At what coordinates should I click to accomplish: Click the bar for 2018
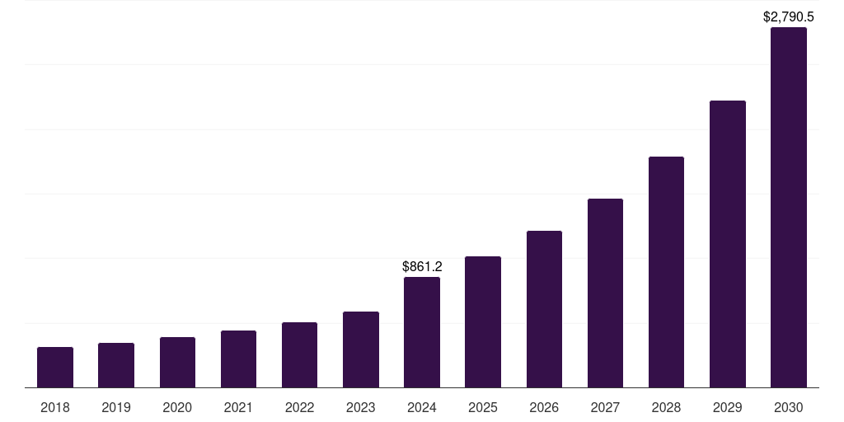tap(55, 368)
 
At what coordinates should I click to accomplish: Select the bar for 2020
tap(177, 363)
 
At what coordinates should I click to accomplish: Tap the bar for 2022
tap(299, 355)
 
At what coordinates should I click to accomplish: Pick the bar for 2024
tap(422, 332)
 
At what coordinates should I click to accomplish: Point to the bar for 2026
tap(544, 309)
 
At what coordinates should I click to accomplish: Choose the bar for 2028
tap(666, 272)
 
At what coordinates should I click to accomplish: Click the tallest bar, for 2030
tap(788, 208)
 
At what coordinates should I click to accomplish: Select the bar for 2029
tap(727, 244)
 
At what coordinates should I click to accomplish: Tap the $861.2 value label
tap(422, 267)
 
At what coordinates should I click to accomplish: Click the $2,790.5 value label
tap(788, 16)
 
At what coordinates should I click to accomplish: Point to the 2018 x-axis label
tap(55, 407)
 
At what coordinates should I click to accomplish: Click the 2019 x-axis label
tap(116, 407)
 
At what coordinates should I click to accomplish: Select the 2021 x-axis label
tap(238, 407)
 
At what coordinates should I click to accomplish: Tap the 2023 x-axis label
tap(360, 407)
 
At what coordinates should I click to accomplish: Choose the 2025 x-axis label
tap(483, 407)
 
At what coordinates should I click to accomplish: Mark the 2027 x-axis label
tap(605, 407)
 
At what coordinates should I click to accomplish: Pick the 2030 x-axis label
tap(788, 407)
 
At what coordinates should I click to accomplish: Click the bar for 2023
tap(360, 349)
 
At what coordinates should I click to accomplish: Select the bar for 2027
tap(605, 293)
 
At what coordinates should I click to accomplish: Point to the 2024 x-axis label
tap(422, 407)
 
